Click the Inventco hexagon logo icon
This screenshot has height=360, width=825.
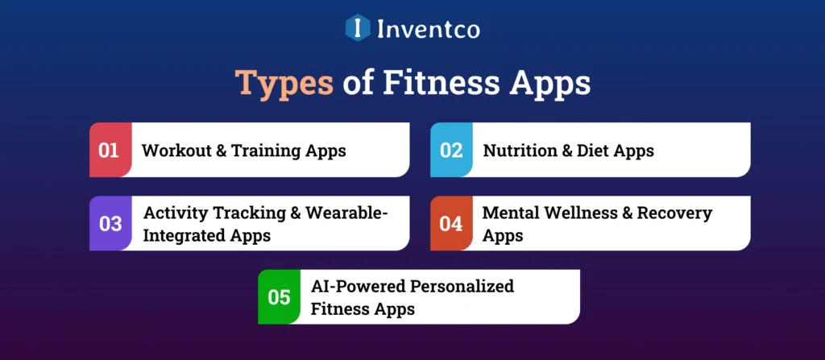pos(357,28)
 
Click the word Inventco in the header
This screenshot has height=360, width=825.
pos(429,29)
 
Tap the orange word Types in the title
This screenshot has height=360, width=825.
pos(284,83)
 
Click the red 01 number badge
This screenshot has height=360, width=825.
pos(110,150)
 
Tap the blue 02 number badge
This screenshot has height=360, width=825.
pos(451,150)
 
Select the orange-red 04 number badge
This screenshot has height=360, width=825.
pos(451,223)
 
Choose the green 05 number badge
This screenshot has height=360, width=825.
pos(279,297)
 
